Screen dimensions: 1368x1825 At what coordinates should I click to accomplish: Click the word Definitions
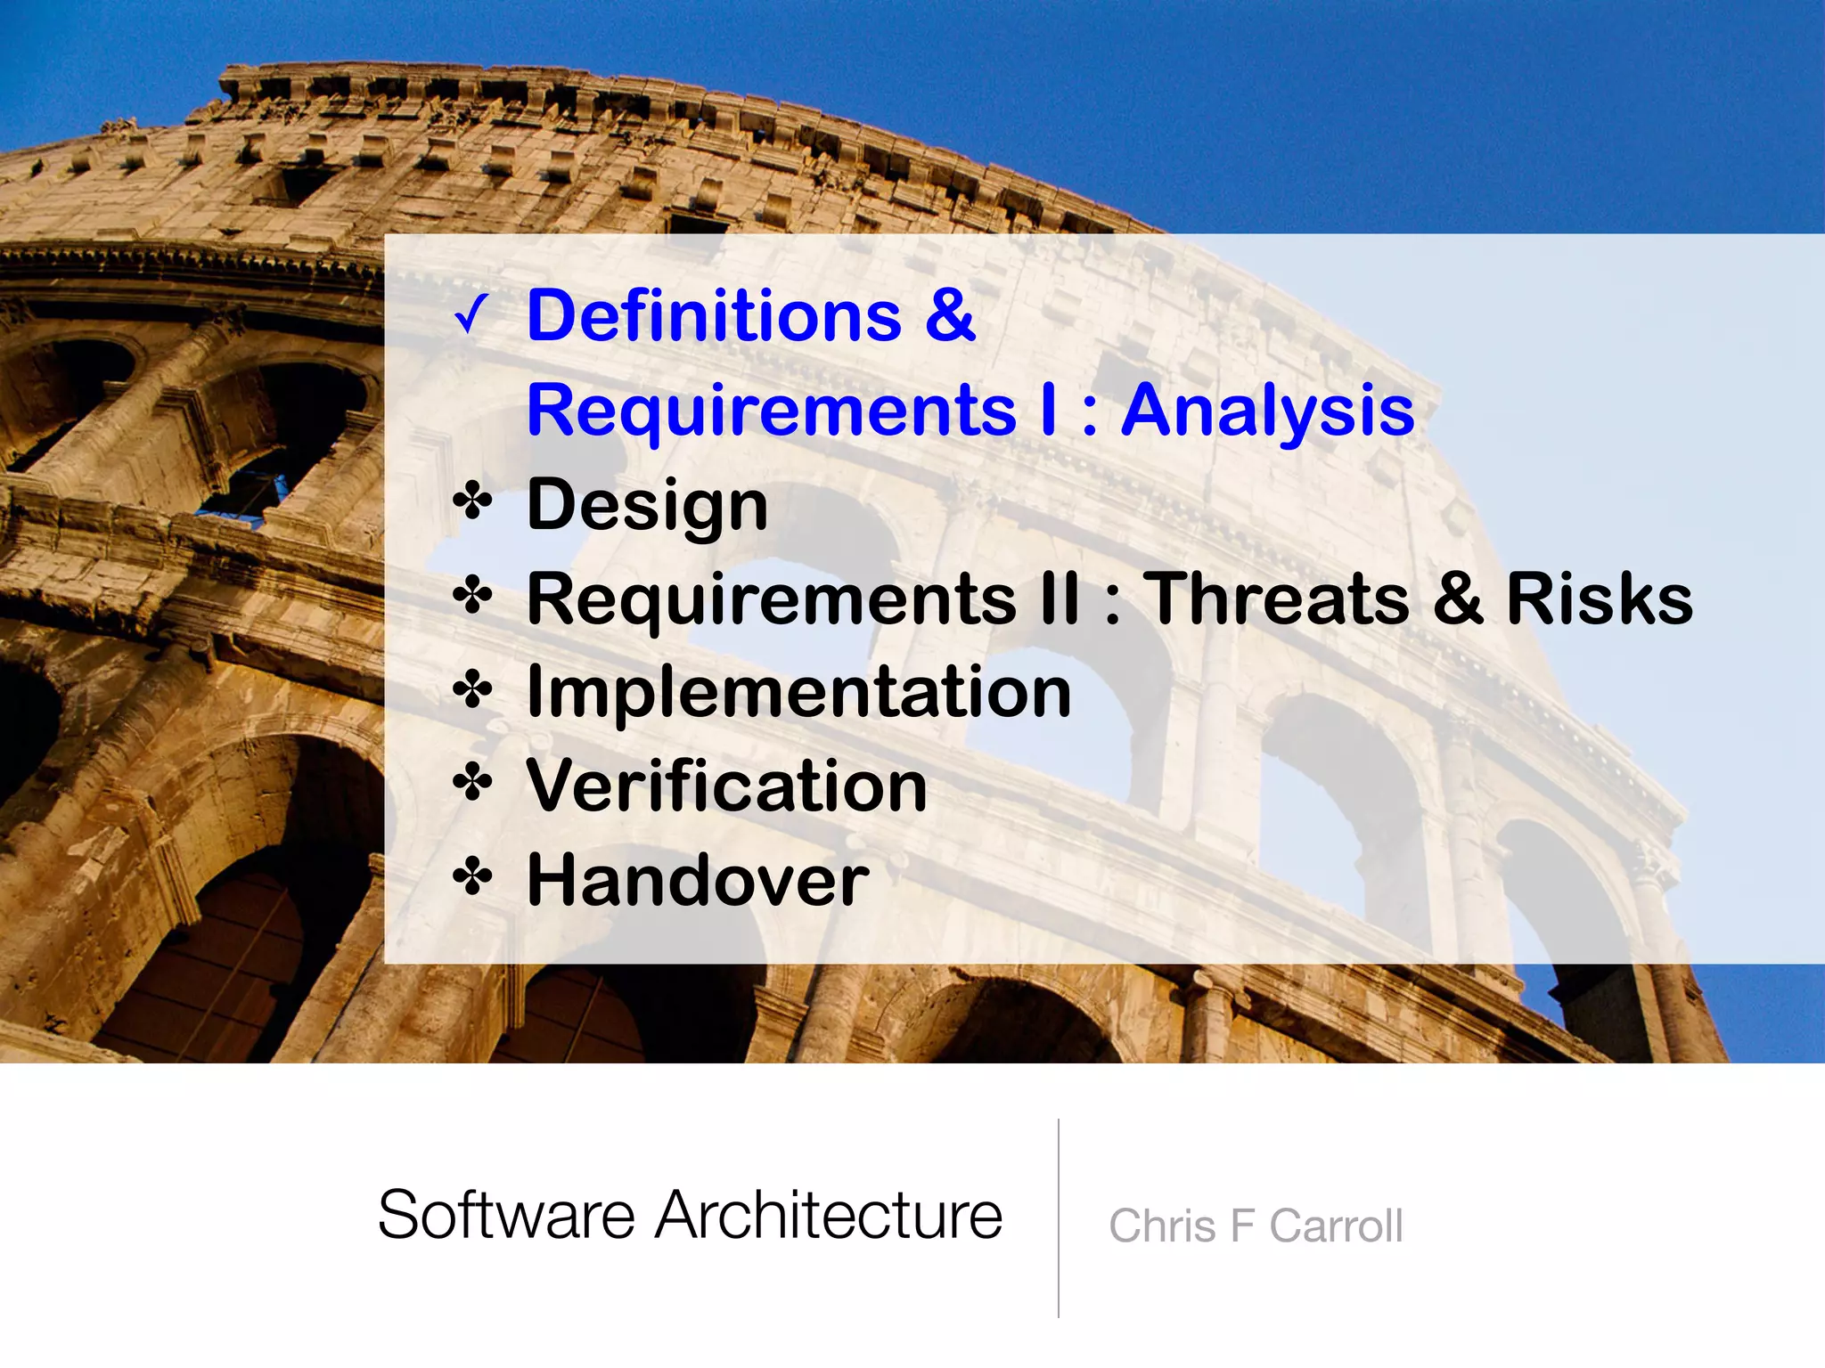714,316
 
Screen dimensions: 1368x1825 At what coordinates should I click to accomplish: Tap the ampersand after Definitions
950,316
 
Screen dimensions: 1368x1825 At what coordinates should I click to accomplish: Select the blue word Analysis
1267,411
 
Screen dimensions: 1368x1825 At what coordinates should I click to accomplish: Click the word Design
647,505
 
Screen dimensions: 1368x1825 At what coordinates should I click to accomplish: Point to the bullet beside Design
472,502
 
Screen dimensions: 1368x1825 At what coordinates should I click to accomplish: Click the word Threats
1275,598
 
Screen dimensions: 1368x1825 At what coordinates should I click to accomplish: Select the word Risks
1599,598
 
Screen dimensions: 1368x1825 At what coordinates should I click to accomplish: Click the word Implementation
798,692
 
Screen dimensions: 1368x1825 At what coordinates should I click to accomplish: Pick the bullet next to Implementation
472,690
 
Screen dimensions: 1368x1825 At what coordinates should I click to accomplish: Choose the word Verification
726,786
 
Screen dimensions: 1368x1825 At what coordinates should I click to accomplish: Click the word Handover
698,881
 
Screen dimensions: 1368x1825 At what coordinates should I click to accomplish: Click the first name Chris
1162,1226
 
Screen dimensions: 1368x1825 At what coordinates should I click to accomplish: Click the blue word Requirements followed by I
772,411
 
